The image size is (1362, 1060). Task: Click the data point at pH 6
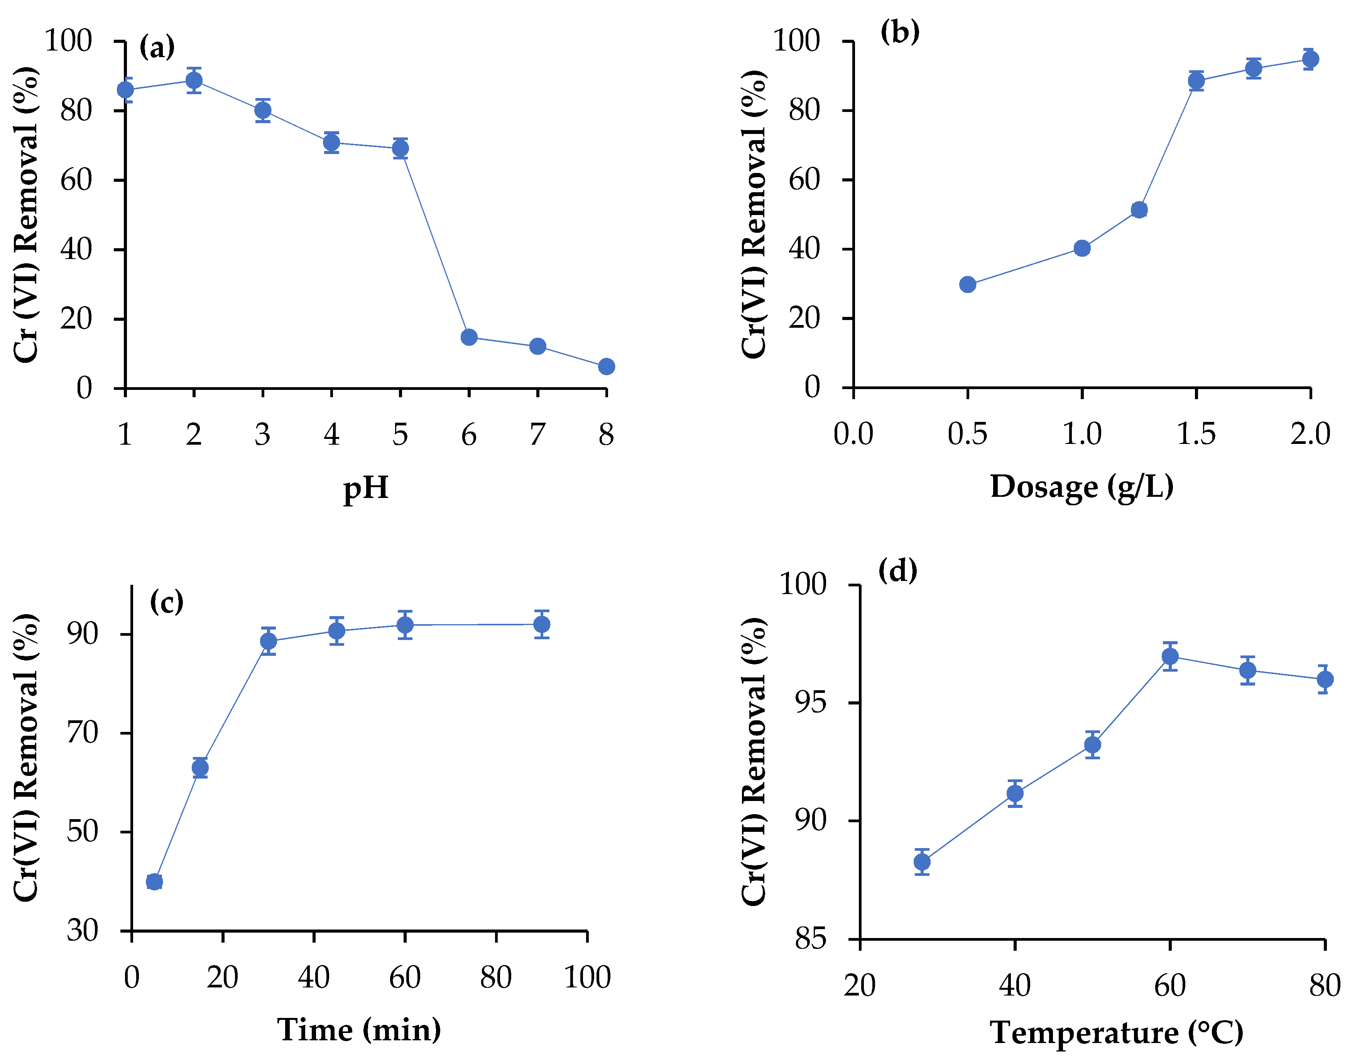[x=469, y=337]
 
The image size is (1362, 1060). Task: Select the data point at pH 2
[x=194, y=80]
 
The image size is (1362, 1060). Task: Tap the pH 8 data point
[x=606, y=367]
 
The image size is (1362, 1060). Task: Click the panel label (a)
[x=157, y=47]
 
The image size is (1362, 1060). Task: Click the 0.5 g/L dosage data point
[x=967, y=284]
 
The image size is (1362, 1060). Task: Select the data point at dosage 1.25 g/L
[x=1139, y=210]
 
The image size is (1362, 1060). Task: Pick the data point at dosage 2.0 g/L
[x=1310, y=59]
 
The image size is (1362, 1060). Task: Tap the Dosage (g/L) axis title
[x=1082, y=487]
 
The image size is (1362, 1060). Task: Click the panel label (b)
[x=899, y=31]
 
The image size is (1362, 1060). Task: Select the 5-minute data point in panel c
[x=154, y=882]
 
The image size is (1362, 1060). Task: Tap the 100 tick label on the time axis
[x=587, y=977]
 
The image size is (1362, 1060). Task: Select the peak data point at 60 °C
[x=1170, y=656]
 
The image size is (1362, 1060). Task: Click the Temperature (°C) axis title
[x=1116, y=1033]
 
